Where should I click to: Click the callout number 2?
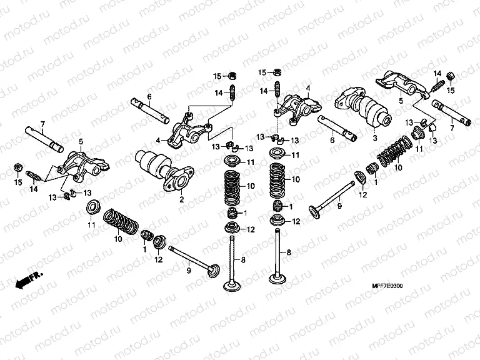(181, 200)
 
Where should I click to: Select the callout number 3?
(374, 138)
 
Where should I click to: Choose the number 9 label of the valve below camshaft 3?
(340, 205)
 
